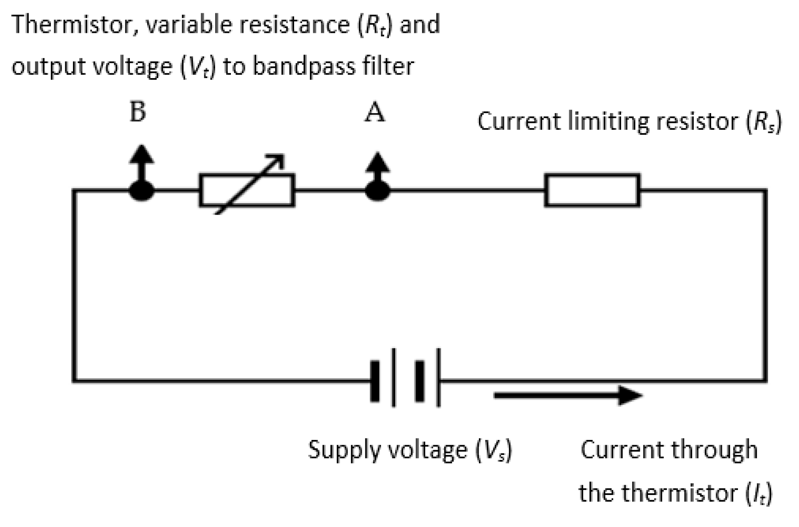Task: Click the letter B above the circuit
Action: (x=137, y=112)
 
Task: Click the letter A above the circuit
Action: (x=374, y=114)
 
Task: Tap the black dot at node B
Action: (x=141, y=190)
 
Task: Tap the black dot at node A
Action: (x=377, y=190)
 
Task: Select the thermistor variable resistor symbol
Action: (x=247, y=190)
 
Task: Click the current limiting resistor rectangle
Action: (x=592, y=190)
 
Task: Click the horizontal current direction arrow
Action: (x=568, y=395)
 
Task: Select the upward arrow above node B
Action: (x=141, y=160)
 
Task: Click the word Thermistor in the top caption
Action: (x=71, y=24)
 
